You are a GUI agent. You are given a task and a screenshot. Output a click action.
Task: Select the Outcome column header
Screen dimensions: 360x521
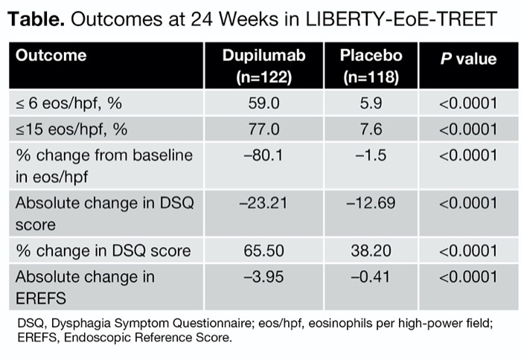click(51, 56)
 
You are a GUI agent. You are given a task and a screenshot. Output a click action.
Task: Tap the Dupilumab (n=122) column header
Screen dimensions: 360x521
click(263, 65)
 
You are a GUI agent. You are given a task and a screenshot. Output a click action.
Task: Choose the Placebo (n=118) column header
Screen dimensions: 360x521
click(371, 65)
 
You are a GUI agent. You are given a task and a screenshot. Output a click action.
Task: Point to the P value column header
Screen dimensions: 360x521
click(467, 59)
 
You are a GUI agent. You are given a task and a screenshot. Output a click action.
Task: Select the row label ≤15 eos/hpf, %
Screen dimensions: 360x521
click(71, 129)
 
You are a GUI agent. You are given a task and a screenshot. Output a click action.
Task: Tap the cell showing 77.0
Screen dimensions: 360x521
click(263, 129)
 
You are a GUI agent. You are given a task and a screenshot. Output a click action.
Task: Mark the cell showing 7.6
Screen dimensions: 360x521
click(371, 129)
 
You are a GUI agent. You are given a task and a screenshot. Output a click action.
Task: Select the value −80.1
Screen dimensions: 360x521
click(263, 155)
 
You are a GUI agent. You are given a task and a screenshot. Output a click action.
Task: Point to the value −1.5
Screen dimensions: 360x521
click(371, 155)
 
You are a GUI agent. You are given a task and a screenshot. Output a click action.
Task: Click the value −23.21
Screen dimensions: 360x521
click(263, 202)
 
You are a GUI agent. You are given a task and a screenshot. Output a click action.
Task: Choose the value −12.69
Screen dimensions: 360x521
click(371, 202)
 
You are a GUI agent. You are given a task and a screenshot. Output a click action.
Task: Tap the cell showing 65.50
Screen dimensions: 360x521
click(263, 250)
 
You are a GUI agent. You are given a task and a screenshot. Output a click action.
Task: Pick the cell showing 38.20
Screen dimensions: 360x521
click(371, 250)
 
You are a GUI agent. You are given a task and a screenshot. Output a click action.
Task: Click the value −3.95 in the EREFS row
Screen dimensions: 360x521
click(263, 277)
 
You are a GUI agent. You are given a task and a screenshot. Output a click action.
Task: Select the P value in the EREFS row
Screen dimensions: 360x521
click(467, 277)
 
